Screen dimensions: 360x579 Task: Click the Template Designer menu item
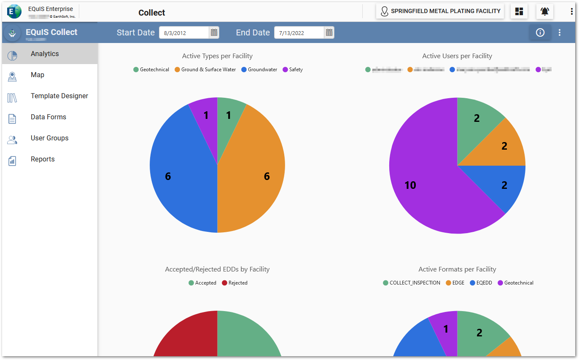(59, 96)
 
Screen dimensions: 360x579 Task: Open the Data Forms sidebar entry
(48, 117)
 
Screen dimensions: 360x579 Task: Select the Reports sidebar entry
(43, 159)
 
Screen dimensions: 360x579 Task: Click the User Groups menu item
(49, 138)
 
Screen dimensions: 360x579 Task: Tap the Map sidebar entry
(37, 75)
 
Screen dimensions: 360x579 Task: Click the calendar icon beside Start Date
(214, 32)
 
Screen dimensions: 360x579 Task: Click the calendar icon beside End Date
(329, 32)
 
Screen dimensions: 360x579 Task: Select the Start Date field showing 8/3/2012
(183, 33)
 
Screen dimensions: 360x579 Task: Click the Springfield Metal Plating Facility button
(440, 11)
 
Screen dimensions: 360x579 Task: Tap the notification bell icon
(544, 11)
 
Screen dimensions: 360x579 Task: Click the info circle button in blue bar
(540, 32)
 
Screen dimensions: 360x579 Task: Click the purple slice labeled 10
(417, 190)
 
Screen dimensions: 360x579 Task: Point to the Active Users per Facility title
(457, 56)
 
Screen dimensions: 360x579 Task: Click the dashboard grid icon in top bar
(519, 11)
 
